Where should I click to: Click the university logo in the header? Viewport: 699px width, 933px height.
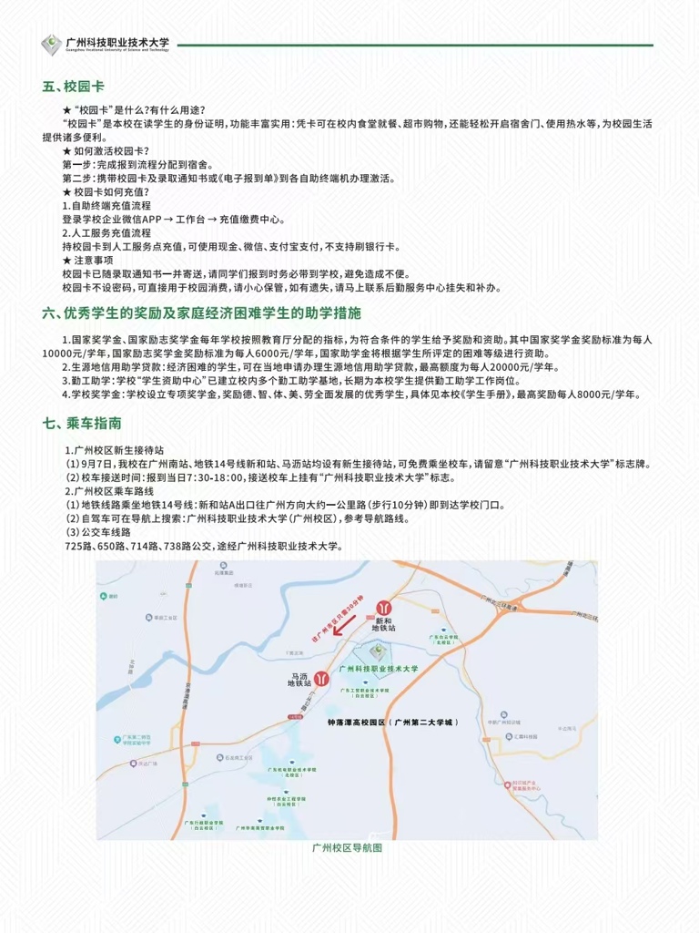point(51,45)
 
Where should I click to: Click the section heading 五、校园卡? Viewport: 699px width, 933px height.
point(74,87)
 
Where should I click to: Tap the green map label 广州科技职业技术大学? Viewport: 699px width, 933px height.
point(378,669)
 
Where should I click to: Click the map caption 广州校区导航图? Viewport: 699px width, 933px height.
point(347,848)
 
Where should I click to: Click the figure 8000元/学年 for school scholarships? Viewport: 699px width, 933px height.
point(605,395)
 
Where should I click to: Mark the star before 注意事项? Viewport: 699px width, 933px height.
point(66,260)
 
